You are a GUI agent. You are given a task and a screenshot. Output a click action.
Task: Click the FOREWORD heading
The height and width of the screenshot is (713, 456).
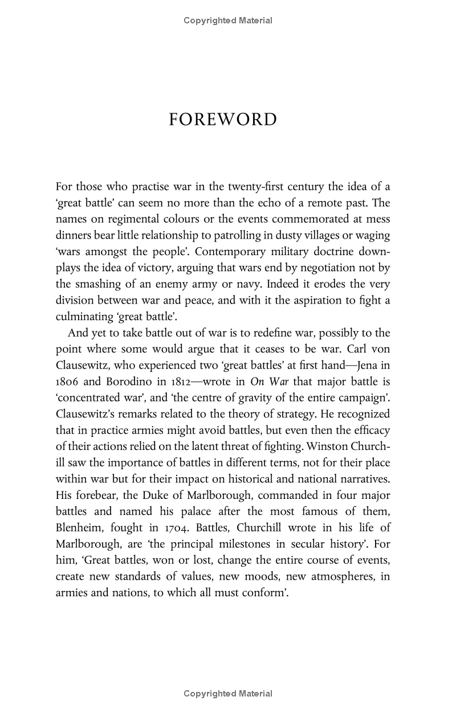[223, 120]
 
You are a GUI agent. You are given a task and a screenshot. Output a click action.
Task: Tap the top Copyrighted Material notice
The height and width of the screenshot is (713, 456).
[228, 21]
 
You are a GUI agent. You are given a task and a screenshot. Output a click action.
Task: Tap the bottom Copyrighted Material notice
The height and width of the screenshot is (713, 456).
[228, 694]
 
